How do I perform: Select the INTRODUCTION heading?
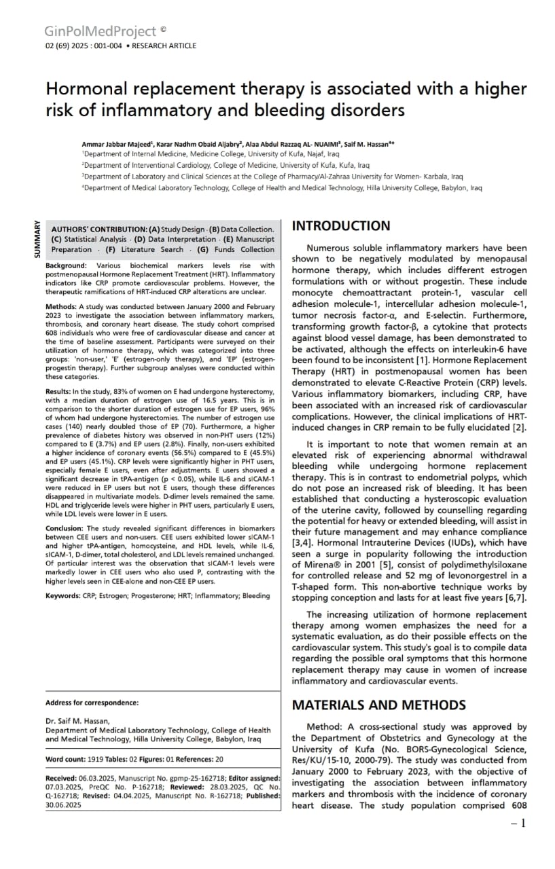click(341, 226)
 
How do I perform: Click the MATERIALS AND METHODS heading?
click(378, 705)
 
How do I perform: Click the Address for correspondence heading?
click(92, 703)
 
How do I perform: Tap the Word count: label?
click(65, 759)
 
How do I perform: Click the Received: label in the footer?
click(61, 778)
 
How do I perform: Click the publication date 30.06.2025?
click(63, 805)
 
